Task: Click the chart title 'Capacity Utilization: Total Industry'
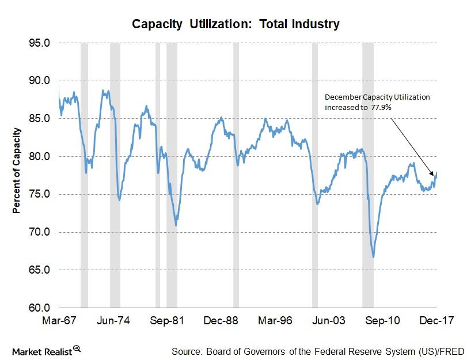point(236,24)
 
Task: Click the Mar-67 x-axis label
point(59,320)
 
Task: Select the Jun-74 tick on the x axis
point(116,320)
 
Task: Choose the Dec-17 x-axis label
point(436,320)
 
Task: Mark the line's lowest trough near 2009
point(374,257)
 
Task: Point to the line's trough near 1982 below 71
point(176,225)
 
